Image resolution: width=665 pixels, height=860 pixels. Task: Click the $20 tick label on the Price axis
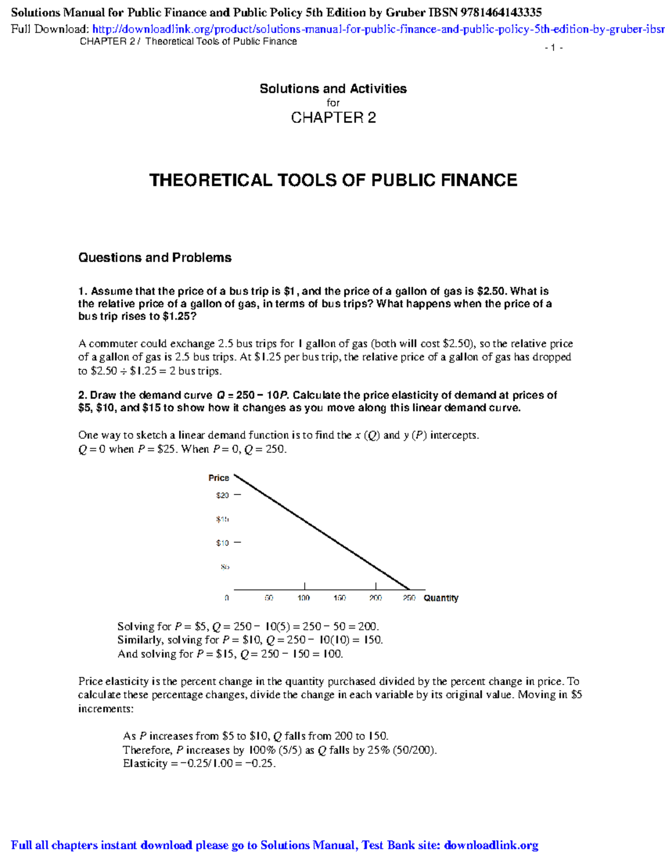(x=222, y=495)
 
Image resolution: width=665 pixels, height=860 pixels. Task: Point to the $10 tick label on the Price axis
(x=222, y=543)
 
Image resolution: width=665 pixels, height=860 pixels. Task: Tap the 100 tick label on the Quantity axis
(x=304, y=598)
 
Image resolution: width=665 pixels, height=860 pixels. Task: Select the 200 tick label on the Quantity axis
(x=376, y=598)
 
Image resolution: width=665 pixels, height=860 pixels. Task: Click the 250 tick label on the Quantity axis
(x=409, y=598)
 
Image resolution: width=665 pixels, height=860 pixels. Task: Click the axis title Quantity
(x=441, y=598)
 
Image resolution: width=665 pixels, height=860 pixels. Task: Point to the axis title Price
(x=218, y=477)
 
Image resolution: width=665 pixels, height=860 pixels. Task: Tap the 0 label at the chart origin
(x=227, y=598)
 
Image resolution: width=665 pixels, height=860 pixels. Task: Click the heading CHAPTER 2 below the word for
(x=333, y=117)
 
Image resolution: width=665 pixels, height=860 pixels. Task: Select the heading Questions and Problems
(x=155, y=258)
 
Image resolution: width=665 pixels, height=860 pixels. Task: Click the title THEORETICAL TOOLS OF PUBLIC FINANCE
(x=333, y=180)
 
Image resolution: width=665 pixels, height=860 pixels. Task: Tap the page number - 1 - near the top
(x=554, y=48)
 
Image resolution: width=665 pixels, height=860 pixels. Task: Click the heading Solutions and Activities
(x=333, y=89)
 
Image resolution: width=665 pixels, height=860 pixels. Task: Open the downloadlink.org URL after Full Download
(x=377, y=29)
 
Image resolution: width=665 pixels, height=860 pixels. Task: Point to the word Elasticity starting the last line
(x=145, y=764)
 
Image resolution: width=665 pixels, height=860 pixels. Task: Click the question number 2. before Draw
(x=83, y=395)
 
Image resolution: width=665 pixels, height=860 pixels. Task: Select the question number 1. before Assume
(x=83, y=291)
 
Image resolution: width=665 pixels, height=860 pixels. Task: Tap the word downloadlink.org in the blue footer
(x=491, y=845)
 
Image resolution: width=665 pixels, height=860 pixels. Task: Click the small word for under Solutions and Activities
(x=333, y=103)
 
